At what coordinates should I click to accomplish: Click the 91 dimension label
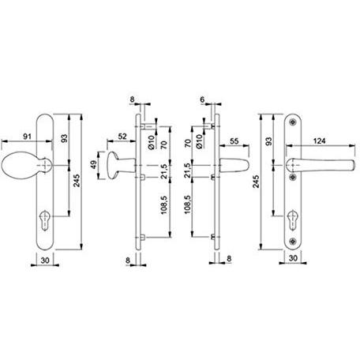(x=28, y=137)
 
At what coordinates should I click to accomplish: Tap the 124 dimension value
(x=320, y=141)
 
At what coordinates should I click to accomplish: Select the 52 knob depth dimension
(x=122, y=137)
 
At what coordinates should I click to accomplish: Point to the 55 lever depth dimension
(x=234, y=141)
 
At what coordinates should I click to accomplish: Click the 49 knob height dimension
(x=94, y=165)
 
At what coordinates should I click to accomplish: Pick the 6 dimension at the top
(x=202, y=99)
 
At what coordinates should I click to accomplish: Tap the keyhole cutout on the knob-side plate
(x=44, y=219)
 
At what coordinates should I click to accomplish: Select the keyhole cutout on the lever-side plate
(x=292, y=220)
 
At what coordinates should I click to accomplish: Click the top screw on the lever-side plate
(x=292, y=122)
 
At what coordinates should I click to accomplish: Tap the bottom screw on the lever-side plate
(x=292, y=241)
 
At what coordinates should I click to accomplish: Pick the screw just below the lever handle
(x=292, y=177)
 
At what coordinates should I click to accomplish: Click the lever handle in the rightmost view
(x=321, y=165)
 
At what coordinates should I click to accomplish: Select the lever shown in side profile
(x=234, y=165)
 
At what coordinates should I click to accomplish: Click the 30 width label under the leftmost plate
(x=45, y=261)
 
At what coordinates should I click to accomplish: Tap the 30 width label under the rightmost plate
(x=293, y=258)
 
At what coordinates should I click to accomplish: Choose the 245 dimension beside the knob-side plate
(x=77, y=181)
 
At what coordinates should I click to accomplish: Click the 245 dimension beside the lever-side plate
(x=256, y=182)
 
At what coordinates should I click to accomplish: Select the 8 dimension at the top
(x=132, y=99)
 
